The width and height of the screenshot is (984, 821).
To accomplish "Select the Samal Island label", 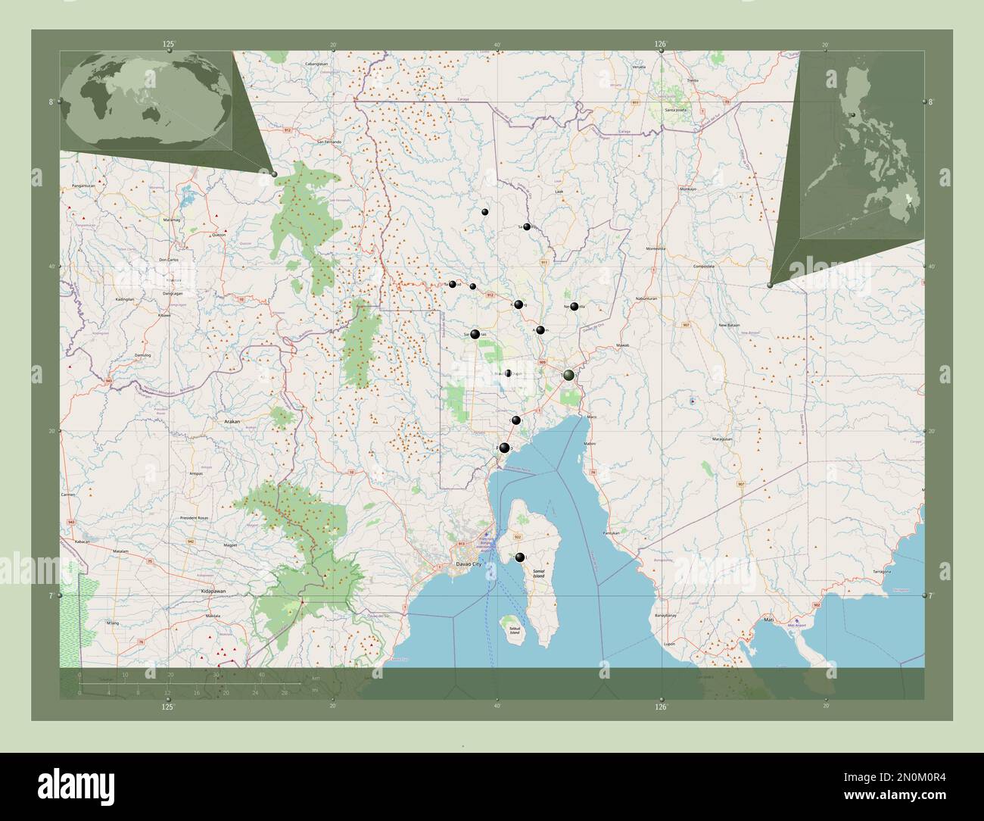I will pyautogui.click(x=538, y=575).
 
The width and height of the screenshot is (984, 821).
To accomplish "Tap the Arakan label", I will pyautogui.click(x=232, y=419).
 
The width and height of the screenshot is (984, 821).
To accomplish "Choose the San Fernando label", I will pyautogui.click(x=329, y=142).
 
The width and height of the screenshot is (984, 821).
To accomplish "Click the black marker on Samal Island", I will pyautogui.click(x=519, y=557).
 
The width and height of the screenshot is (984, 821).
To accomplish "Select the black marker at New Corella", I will pyautogui.click(x=574, y=307).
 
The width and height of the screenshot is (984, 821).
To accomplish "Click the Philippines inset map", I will pyautogui.click(x=863, y=144).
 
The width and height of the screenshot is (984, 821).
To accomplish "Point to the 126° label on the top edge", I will pyautogui.click(x=660, y=45).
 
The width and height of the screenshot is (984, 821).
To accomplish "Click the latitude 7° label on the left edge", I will pyautogui.click(x=51, y=596).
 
